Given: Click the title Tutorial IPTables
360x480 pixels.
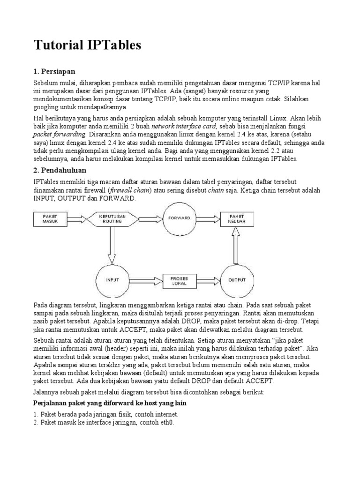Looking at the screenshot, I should (x=87, y=45).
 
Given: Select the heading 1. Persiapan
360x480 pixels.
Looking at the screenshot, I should (x=54, y=71).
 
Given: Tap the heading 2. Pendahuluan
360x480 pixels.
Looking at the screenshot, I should (x=60, y=170).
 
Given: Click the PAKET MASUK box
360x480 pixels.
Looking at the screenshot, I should (x=50, y=218).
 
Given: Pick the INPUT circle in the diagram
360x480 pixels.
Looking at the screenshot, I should (x=112, y=280).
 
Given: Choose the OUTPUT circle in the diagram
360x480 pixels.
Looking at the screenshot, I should (x=237, y=280).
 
